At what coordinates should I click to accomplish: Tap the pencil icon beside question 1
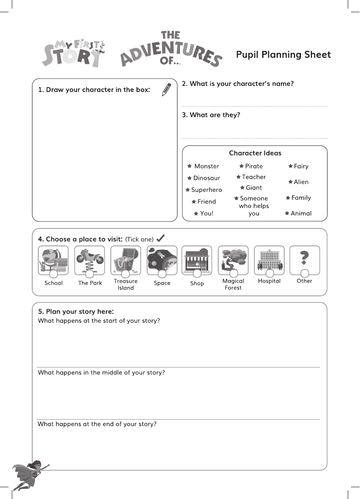click(x=166, y=89)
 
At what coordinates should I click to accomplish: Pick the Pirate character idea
click(x=254, y=165)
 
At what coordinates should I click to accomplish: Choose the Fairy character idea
click(x=301, y=165)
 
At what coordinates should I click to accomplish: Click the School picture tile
click(x=53, y=260)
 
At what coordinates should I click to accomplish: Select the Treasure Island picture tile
click(x=126, y=260)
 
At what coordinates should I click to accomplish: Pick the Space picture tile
click(x=162, y=260)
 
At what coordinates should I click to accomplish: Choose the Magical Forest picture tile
click(x=233, y=260)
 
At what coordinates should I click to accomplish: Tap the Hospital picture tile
click(x=269, y=260)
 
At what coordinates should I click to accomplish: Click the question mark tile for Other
click(x=304, y=260)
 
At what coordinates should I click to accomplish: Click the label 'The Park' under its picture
click(x=90, y=283)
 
